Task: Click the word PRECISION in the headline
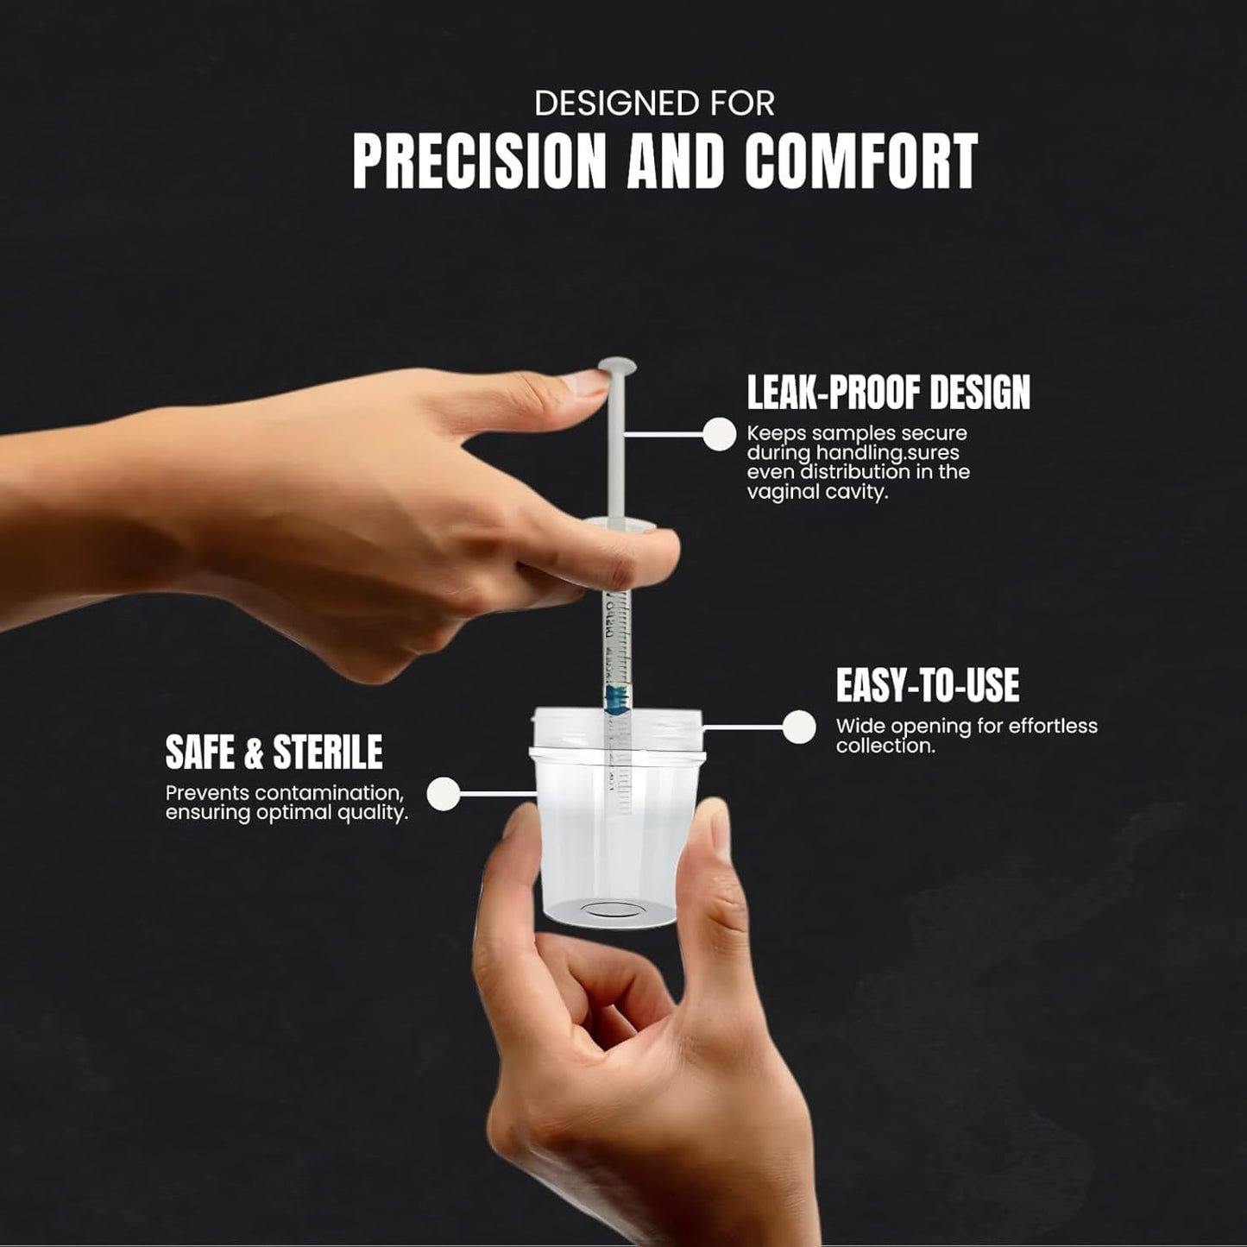click(x=479, y=161)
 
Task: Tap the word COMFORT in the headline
click(x=860, y=161)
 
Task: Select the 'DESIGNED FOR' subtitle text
click(x=654, y=104)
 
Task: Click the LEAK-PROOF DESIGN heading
click(x=889, y=392)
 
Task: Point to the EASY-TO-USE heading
click(x=928, y=685)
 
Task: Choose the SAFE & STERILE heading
click(x=274, y=752)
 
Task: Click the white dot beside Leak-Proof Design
click(x=719, y=433)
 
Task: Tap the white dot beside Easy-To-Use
click(x=799, y=727)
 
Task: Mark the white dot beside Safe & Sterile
click(x=444, y=793)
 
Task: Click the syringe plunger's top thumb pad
click(x=617, y=365)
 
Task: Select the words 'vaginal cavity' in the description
click(x=816, y=493)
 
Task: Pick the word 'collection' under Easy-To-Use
click(x=884, y=746)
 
